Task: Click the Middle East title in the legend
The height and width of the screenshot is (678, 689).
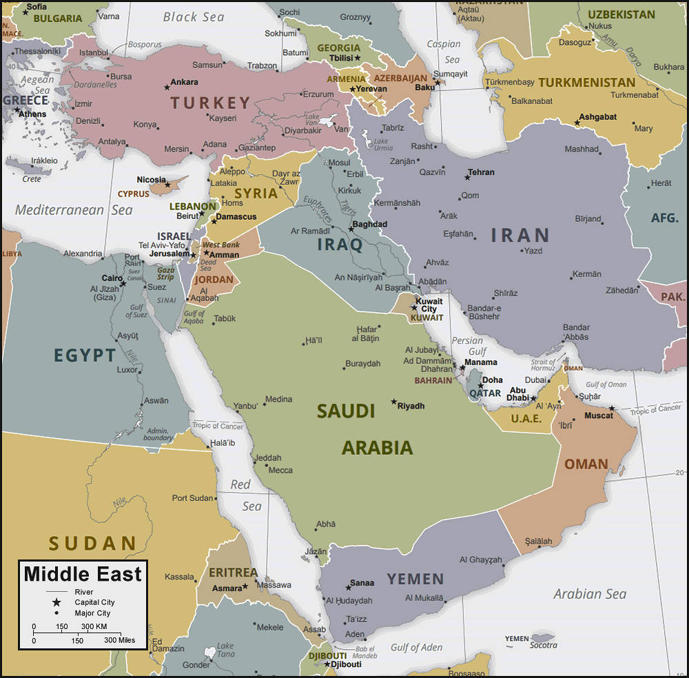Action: point(83,574)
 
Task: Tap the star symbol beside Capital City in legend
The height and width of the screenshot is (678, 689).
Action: point(56,602)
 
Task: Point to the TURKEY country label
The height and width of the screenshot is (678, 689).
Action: point(211,103)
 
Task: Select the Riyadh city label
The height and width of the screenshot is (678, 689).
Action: point(411,406)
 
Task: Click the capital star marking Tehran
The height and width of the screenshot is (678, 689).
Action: point(467,178)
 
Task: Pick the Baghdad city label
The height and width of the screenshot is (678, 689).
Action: point(369,224)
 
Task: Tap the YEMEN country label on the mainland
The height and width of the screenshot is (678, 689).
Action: point(415,579)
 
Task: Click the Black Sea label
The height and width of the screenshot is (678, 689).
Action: point(194,17)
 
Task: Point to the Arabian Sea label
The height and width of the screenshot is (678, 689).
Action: point(590,594)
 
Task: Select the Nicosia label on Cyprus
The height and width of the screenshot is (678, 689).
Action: point(151,180)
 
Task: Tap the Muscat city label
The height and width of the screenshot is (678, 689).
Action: point(598,415)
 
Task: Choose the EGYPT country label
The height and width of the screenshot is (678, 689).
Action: point(85,356)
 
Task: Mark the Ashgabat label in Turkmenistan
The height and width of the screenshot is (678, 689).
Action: point(597,116)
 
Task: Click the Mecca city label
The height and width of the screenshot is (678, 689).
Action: point(280,470)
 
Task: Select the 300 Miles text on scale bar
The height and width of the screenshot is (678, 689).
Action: point(119,640)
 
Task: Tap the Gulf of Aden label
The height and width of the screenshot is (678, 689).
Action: point(416,647)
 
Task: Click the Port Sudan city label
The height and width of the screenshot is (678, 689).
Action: point(194,498)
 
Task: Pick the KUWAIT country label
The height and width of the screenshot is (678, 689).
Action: point(426,318)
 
